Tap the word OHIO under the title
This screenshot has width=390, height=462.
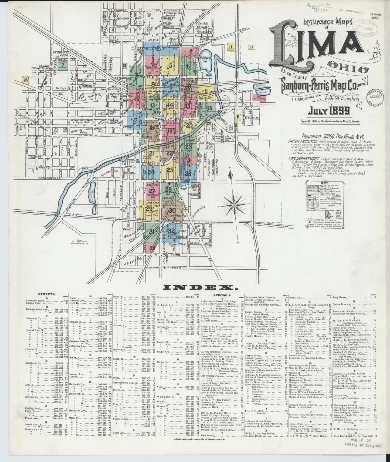click(x=352, y=69)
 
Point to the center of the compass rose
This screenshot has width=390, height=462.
click(x=233, y=205)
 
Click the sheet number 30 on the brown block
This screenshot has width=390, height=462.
click(x=172, y=211)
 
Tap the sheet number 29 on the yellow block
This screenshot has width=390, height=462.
click(x=148, y=209)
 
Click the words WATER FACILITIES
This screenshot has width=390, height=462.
click(x=301, y=141)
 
